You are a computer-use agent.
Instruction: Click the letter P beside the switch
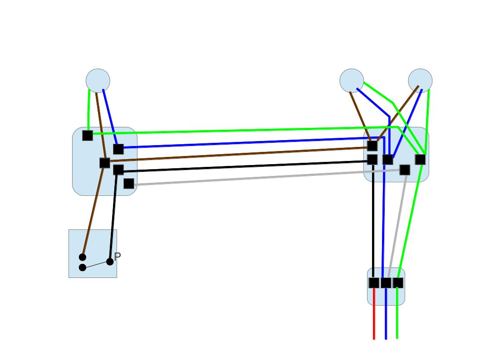[118, 257]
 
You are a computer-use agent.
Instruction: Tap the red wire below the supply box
[374, 317]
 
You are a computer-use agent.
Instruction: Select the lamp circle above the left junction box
[98, 81]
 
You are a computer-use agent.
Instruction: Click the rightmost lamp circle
[420, 81]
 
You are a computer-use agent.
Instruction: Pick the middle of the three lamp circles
[352, 81]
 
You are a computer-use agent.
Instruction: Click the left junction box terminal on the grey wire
[129, 184]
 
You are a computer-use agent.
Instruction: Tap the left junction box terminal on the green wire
[88, 135]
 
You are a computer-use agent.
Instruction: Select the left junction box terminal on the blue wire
[118, 149]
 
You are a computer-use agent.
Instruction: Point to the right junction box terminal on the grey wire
[405, 170]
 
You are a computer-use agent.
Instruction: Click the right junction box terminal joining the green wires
[420, 160]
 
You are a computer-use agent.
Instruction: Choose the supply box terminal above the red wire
[374, 283]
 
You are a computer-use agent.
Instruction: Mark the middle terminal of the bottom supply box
[386, 283]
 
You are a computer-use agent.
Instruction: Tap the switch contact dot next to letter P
[110, 262]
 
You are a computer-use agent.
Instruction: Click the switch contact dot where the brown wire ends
[83, 257]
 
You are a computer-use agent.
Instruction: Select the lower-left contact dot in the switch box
[83, 268]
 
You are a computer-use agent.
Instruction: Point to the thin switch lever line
[96, 265]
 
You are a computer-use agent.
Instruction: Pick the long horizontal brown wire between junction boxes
[236, 154]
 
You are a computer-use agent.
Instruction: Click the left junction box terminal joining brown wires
[105, 163]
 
